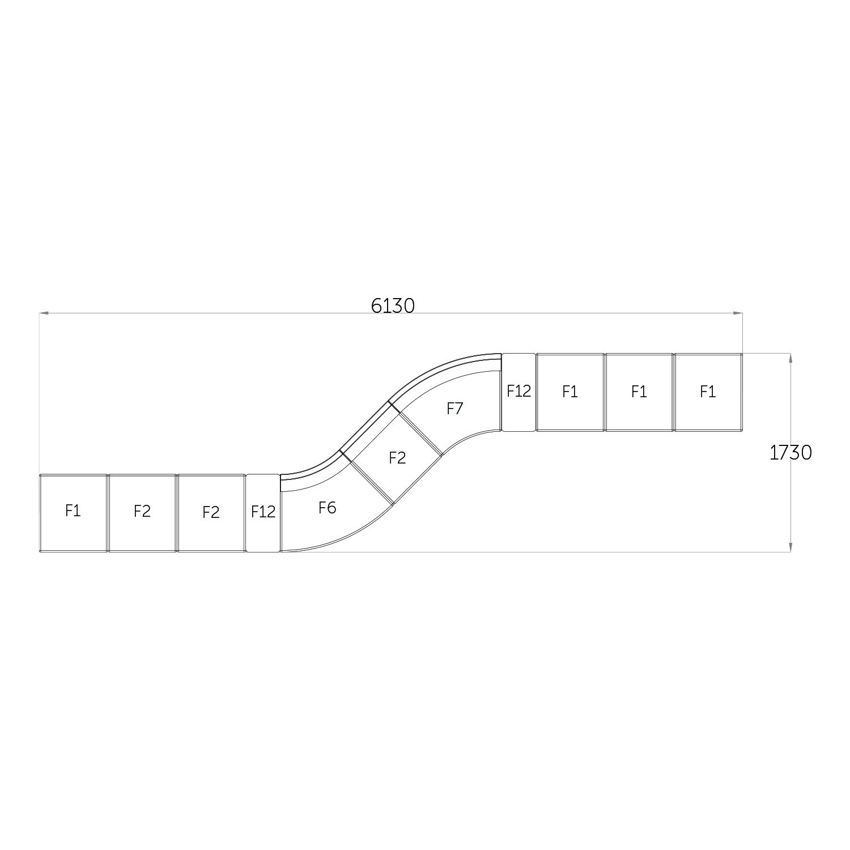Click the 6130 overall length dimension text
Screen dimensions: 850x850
(393, 306)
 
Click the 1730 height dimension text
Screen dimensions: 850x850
(790, 452)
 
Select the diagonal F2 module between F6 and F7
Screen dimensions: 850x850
(397, 458)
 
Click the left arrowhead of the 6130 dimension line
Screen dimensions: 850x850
(43, 312)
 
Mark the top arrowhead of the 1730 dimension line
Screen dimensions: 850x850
(790, 358)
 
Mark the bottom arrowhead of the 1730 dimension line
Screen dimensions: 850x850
(790, 547)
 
